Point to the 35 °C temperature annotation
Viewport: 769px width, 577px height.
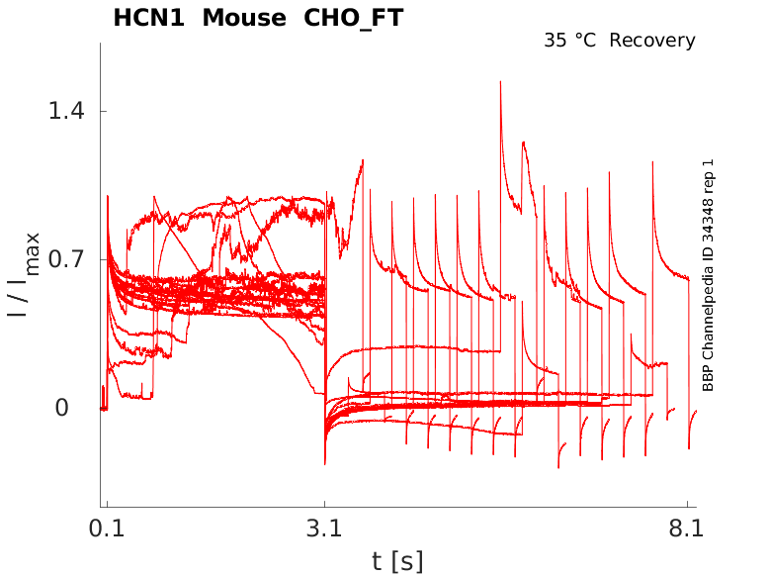[570, 41]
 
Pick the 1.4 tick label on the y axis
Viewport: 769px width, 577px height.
[66, 111]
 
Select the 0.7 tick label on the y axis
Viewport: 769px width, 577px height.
[66, 259]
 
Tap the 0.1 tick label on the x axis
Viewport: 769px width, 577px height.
[106, 529]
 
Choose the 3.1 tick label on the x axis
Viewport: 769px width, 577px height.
[324, 529]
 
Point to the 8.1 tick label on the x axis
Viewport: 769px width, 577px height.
[687, 529]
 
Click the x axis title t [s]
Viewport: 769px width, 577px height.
[397, 562]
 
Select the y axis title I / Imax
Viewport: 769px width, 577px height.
[25, 274]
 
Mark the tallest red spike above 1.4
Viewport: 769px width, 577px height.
[501, 83]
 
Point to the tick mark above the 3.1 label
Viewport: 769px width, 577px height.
[324, 505]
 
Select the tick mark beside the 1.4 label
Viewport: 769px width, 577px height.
[103, 111]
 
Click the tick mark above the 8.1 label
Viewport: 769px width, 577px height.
[687, 505]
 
